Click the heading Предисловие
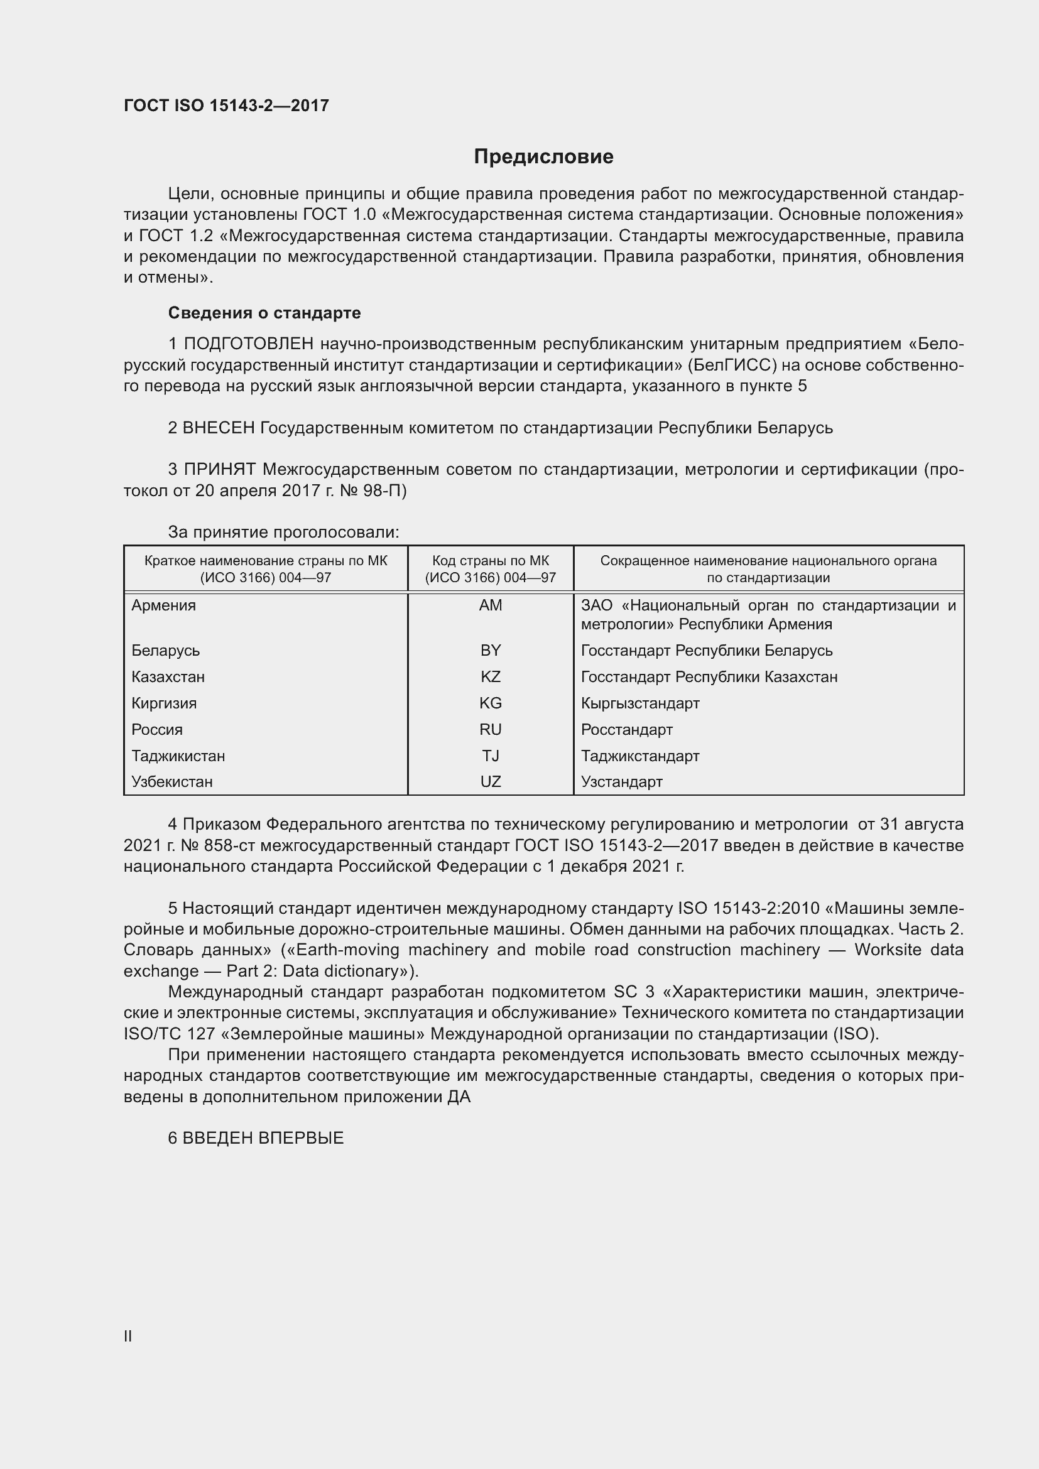[x=543, y=157]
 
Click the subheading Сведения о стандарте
[x=264, y=313]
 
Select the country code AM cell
[x=490, y=605]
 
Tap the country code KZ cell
[x=490, y=677]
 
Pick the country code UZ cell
[x=490, y=782]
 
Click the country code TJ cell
[x=490, y=756]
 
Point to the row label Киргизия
[x=164, y=703]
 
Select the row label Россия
[x=157, y=729]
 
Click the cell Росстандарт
[x=626, y=729]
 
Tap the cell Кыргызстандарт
[x=639, y=703]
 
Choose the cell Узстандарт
[x=621, y=782]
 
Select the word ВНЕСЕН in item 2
[x=218, y=428]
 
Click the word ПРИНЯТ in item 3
[x=219, y=470]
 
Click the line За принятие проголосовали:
[x=283, y=533]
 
